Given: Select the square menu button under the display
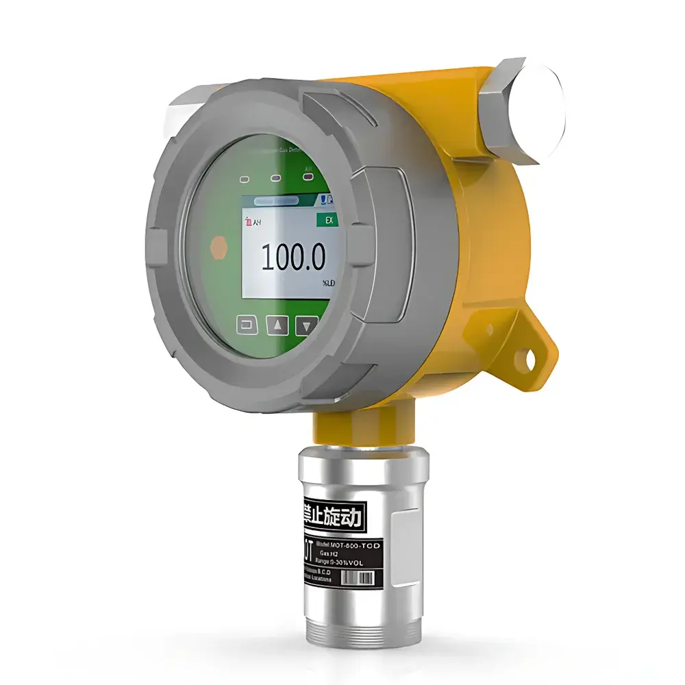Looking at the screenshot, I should tap(247, 325).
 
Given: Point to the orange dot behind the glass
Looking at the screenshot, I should tap(218, 247).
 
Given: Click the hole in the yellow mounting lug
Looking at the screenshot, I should tap(529, 356).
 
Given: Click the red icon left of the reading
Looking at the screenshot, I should tap(249, 221).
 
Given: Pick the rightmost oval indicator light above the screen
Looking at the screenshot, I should tap(308, 177).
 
